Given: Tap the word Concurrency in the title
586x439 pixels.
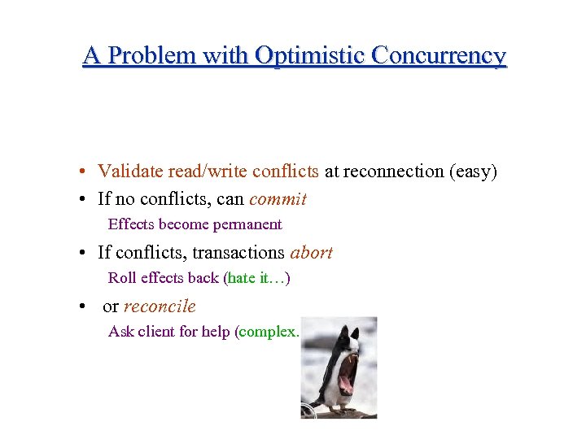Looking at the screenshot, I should coord(439,55).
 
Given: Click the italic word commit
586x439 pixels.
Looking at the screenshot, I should coord(278,199).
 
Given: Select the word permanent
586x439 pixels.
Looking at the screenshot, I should coord(247,224).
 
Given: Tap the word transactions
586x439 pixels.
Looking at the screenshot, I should coord(238,253).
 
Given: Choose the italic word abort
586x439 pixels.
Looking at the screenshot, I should coord(311,253).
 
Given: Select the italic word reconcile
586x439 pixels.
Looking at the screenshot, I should coord(160,306).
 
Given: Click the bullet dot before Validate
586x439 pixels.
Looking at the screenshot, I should coord(84,172).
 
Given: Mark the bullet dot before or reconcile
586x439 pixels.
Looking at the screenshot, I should coord(84,307).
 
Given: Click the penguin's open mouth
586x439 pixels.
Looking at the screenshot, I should coord(346,374).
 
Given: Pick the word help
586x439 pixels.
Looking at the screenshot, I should coord(216,332).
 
